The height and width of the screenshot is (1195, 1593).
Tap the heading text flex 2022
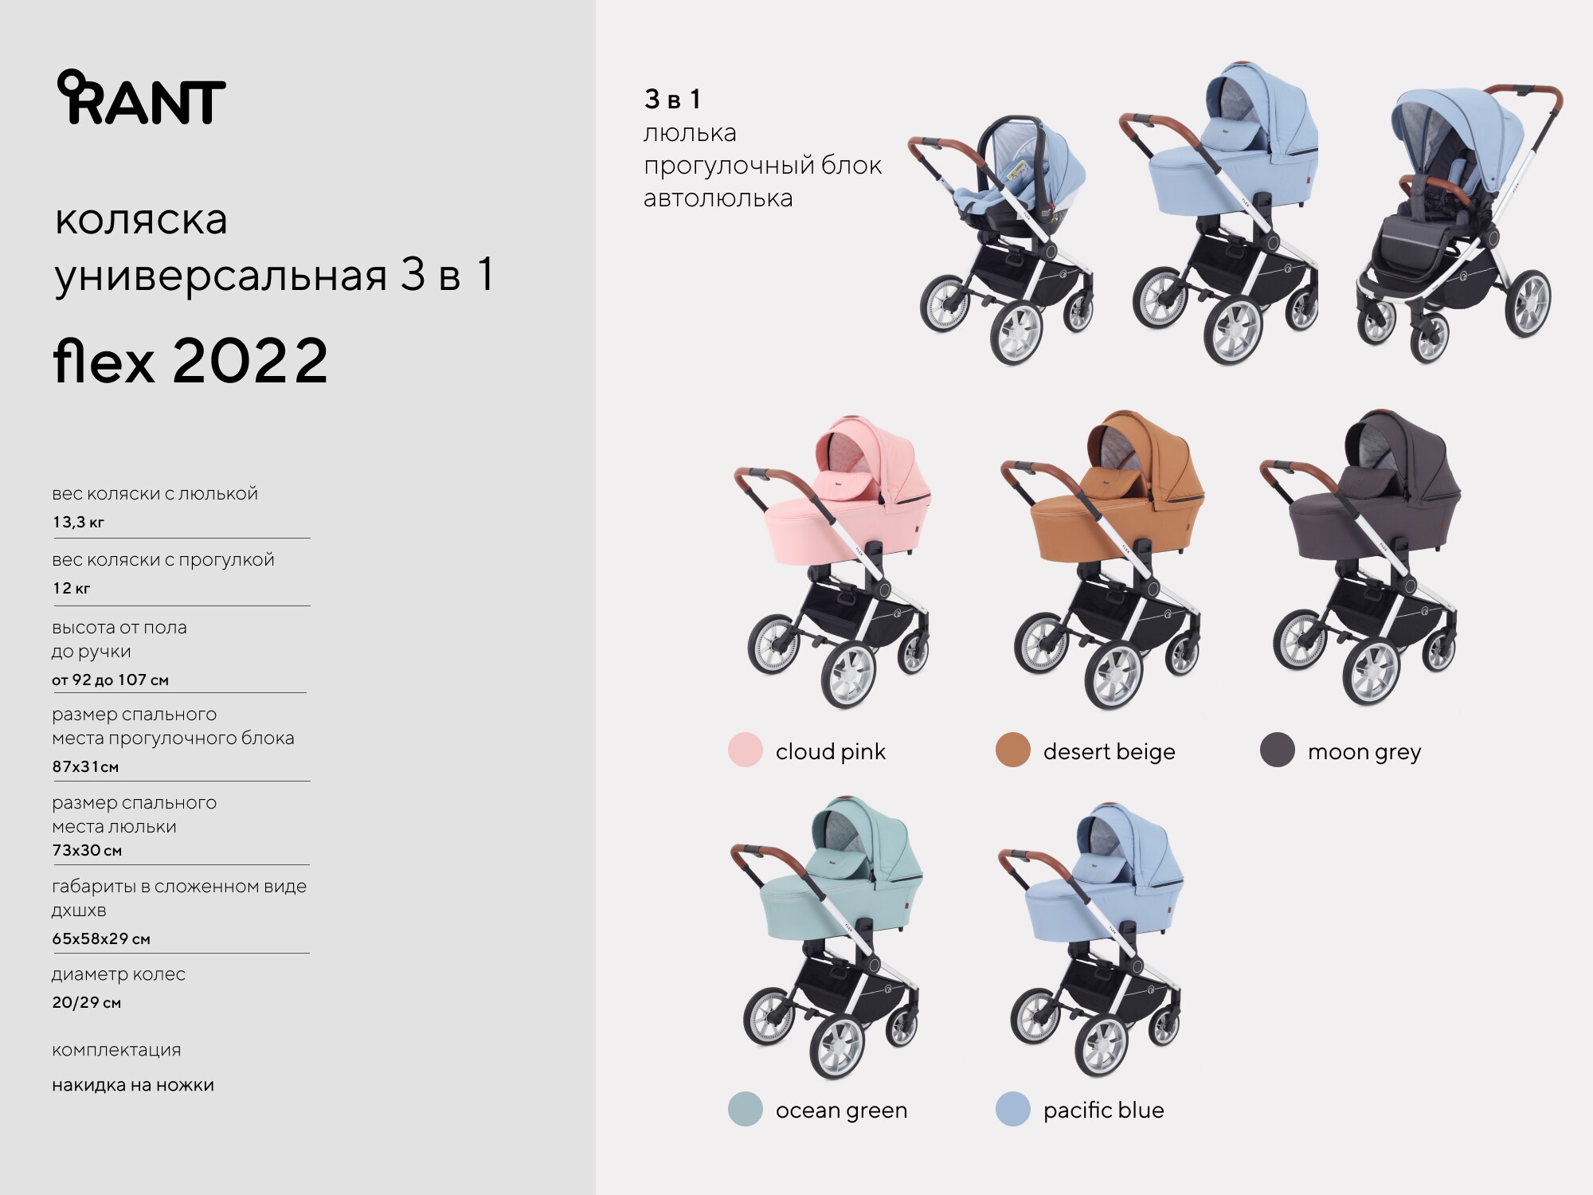pyautogui.click(x=190, y=361)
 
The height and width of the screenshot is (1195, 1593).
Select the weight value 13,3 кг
pyautogui.click(x=78, y=522)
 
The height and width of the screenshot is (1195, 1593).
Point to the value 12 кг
pyautogui.click(x=71, y=588)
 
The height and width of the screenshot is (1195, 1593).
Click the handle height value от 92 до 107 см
pyautogui.click(x=110, y=680)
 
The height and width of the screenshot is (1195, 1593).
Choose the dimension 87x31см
pyautogui.click(x=85, y=766)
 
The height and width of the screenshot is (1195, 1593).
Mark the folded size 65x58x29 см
pyautogui.click(x=101, y=938)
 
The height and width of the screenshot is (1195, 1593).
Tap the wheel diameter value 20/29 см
pyautogui.click(x=86, y=1002)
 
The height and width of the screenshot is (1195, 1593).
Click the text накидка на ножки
pyautogui.click(x=133, y=1085)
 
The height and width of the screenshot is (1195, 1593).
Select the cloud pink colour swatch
pyautogui.click(x=746, y=750)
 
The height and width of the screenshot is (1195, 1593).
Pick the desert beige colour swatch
pyautogui.click(x=1013, y=750)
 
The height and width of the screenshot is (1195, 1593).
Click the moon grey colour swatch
pyautogui.click(x=1278, y=750)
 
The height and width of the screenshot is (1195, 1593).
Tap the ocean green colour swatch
pyautogui.click(x=746, y=1108)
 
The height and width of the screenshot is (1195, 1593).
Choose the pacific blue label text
pyautogui.click(x=1103, y=1110)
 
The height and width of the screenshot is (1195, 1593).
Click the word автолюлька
pyautogui.click(x=718, y=198)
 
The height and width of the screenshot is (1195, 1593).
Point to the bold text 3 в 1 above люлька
pyautogui.click(x=672, y=99)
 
